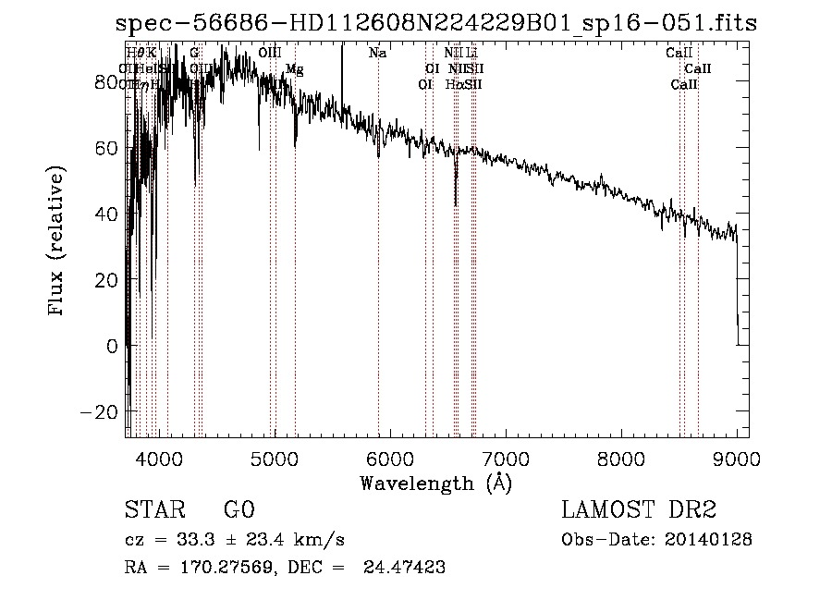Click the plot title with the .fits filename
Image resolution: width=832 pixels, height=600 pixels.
[x=435, y=23]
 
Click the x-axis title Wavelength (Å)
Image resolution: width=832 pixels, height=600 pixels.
[x=435, y=483]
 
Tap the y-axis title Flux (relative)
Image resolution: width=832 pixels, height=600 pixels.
[x=57, y=243]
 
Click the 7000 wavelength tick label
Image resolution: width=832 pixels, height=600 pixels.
[x=506, y=459]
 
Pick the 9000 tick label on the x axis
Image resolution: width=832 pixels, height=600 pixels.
[x=737, y=459]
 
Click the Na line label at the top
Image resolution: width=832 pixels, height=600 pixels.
[x=377, y=54]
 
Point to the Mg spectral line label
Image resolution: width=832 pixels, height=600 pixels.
[x=294, y=69]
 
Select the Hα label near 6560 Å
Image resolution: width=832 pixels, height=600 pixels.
[x=454, y=84]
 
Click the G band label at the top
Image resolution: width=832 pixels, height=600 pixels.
[x=194, y=54]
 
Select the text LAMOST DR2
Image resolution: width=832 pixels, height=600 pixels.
[x=638, y=510]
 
